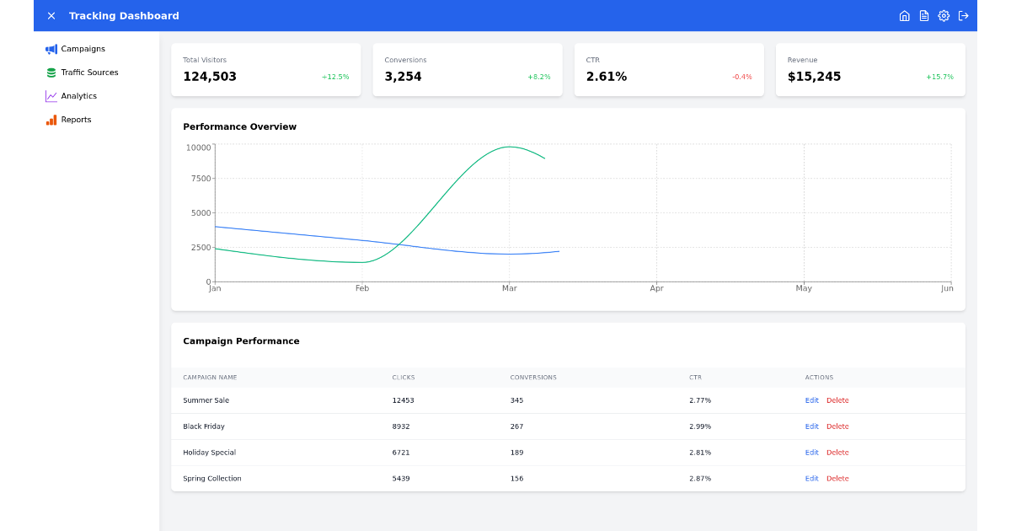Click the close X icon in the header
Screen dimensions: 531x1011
(51, 16)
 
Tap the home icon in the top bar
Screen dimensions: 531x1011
(904, 16)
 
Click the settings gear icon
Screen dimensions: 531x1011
(944, 16)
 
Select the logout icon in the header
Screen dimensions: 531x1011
(964, 16)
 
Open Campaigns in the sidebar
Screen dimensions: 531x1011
(83, 49)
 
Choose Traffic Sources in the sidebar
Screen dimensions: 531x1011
(89, 72)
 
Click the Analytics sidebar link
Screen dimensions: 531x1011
(78, 96)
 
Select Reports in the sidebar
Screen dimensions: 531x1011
(76, 120)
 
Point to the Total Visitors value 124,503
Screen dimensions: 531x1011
(210, 77)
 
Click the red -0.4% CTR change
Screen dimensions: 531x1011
(741, 77)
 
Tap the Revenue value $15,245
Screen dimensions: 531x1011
(814, 77)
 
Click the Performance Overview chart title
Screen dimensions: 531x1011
(239, 126)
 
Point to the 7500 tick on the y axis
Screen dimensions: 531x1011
(201, 179)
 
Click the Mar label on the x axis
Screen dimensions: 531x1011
(509, 288)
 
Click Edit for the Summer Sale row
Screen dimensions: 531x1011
(811, 400)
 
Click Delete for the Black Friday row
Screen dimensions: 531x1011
(837, 426)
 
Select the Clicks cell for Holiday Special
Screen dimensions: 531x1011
(401, 453)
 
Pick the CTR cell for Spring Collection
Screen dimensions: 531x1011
(700, 479)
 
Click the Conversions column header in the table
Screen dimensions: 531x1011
(533, 378)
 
